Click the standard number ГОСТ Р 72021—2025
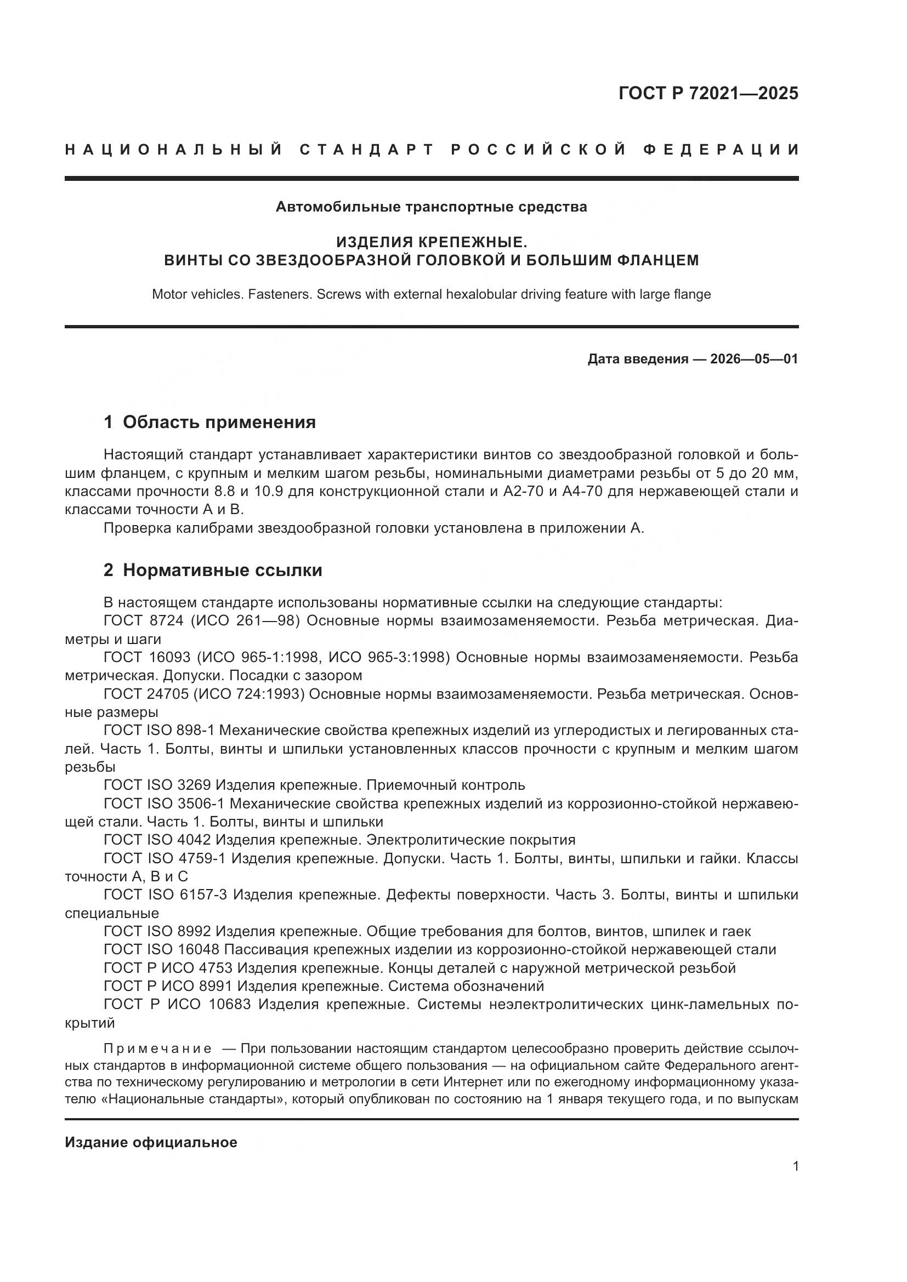point(708,93)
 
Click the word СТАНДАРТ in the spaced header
point(367,150)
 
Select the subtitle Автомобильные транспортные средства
point(431,207)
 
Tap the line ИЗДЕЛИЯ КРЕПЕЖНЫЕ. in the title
point(431,242)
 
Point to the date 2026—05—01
point(754,359)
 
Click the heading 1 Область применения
point(209,422)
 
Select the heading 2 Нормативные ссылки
point(213,570)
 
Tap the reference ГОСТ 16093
point(148,658)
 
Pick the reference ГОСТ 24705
point(148,694)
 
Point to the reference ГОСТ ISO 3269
point(157,785)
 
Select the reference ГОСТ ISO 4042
point(157,840)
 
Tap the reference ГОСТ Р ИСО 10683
point(177,1004)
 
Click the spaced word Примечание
point(157,1048)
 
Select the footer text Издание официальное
point(151,1142)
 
